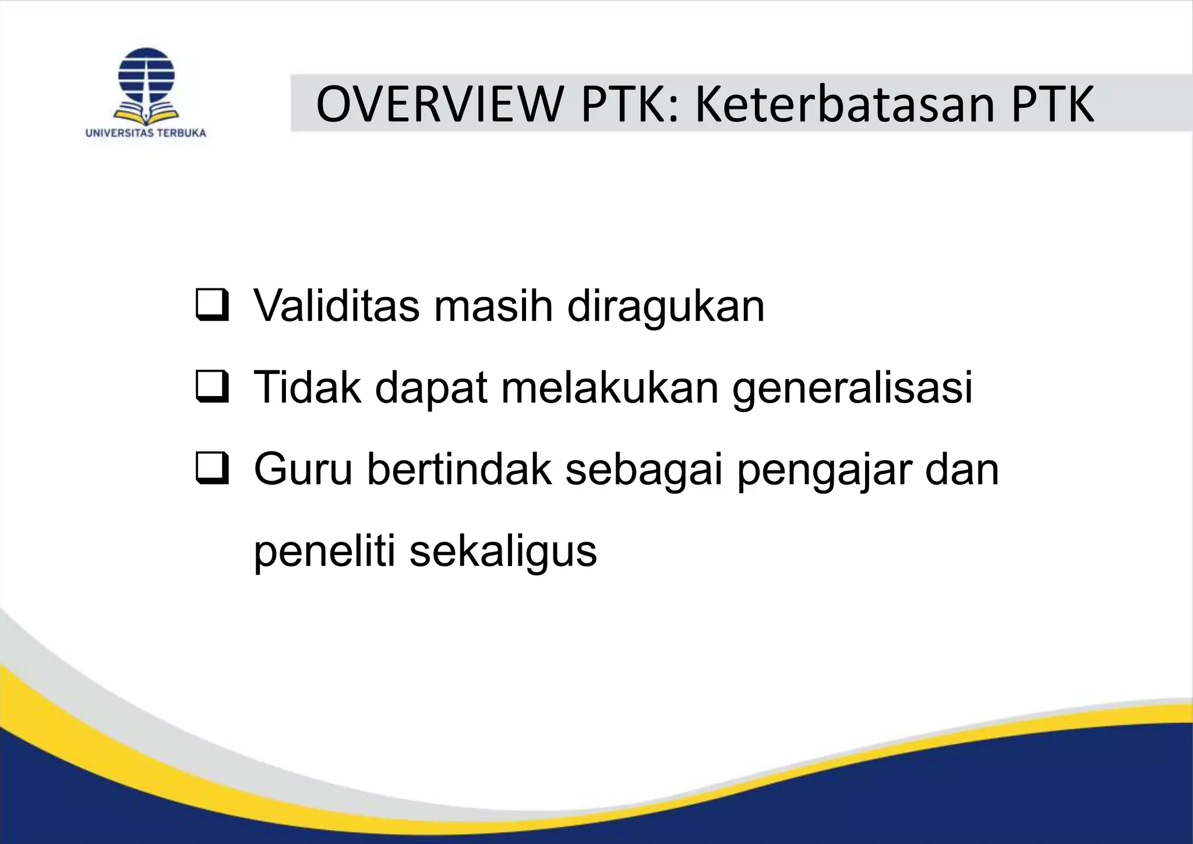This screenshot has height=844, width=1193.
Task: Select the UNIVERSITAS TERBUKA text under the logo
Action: point(146,133)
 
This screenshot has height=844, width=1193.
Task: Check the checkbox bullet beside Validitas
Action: point(212,306)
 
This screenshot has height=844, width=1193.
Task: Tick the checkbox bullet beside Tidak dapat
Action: point(212,388)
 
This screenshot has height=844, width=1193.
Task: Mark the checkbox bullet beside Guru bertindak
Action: point(212,469)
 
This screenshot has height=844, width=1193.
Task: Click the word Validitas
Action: point(337,305)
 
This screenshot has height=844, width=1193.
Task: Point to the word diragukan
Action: point(665,306)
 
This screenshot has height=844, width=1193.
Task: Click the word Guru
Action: point(303,469)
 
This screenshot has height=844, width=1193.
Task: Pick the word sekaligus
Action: point(503,551)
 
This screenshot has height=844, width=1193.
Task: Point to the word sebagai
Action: point(644,469)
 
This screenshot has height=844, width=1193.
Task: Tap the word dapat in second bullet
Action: point(431,388)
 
